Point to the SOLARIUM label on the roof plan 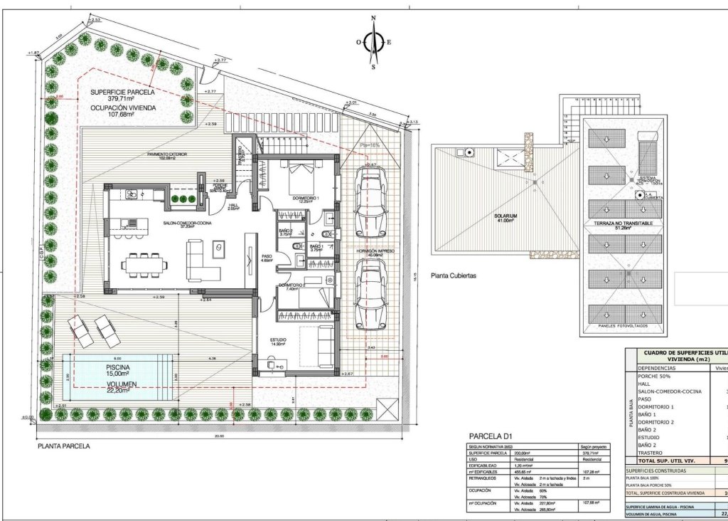point(506,216)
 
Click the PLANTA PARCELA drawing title point(63,448)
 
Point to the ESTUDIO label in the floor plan point(277,340)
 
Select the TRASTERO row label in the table point(650,453)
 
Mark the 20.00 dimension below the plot point(218,436)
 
